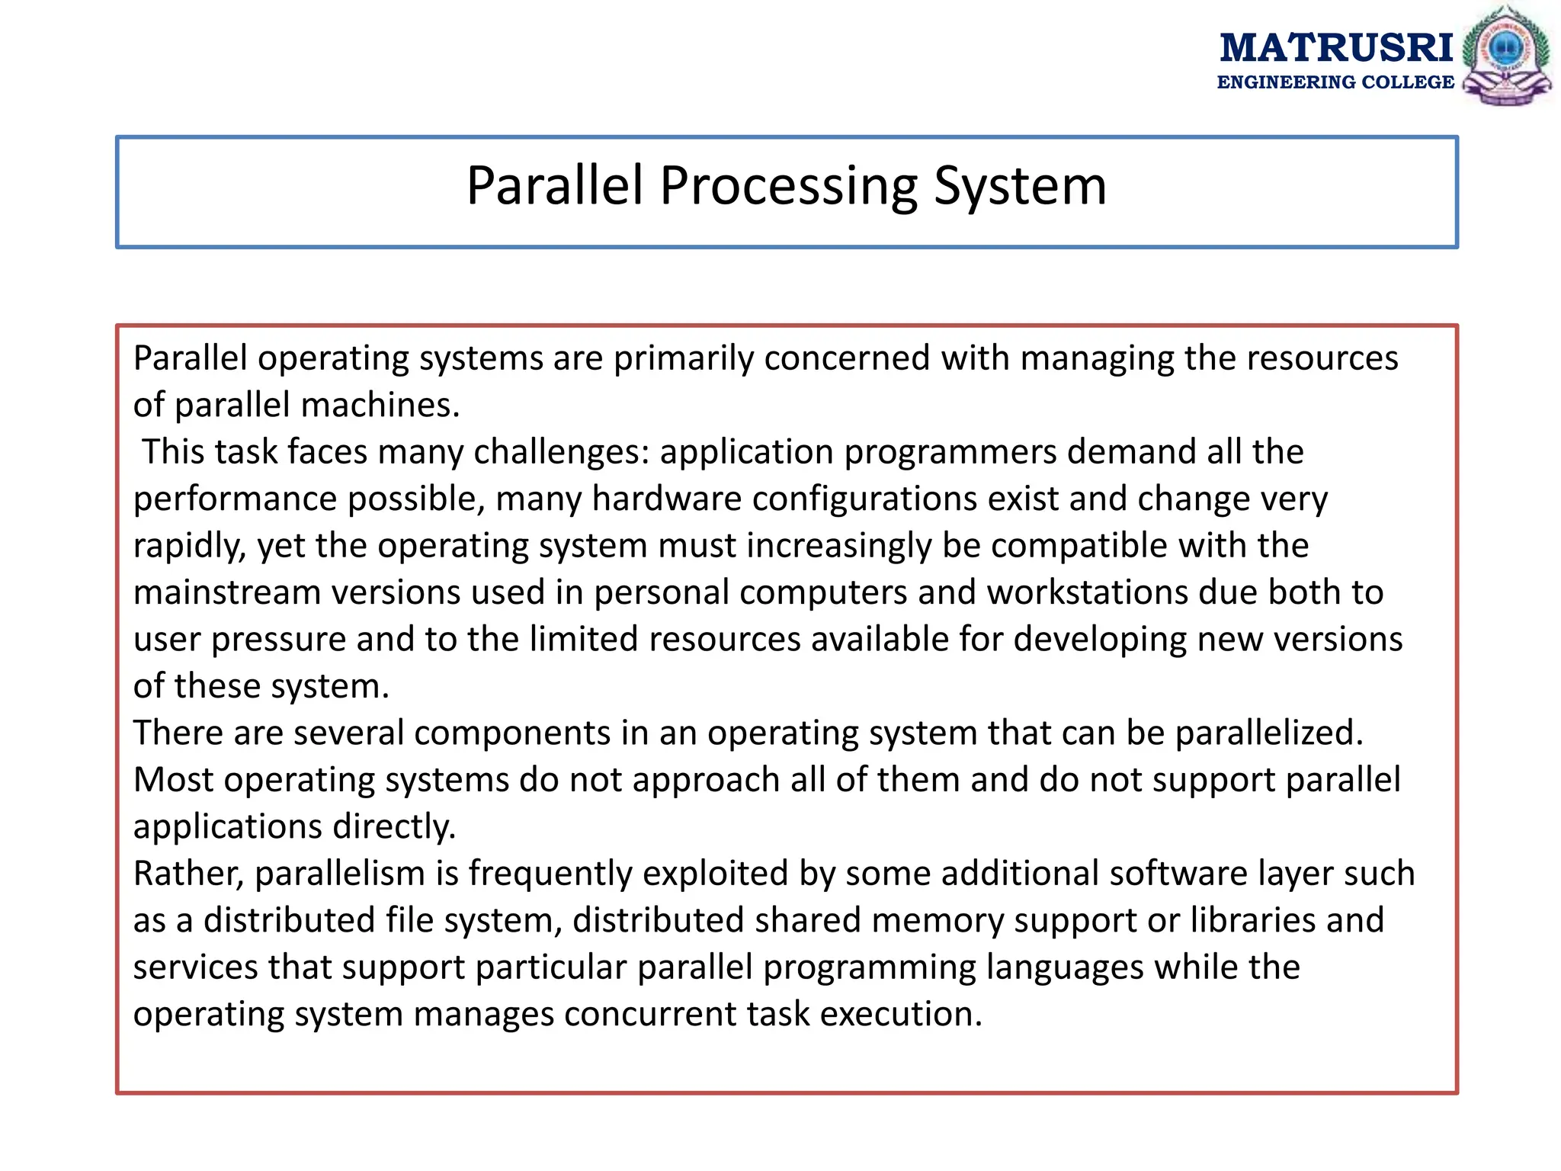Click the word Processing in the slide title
point(788,186)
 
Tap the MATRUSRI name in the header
point(1336,47)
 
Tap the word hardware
point(666,499)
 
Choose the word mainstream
point(227,592)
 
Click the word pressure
point(278,640)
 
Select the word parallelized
point(1268,733)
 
